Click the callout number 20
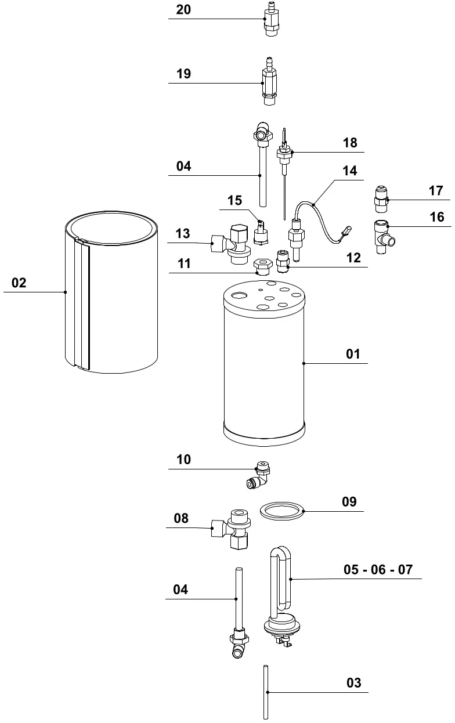183,10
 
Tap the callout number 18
350,143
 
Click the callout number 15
234,200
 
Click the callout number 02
19,283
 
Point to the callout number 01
353,354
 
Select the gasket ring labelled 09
282,511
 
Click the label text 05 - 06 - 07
378,569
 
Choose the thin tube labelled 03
265,692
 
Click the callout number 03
353,683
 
